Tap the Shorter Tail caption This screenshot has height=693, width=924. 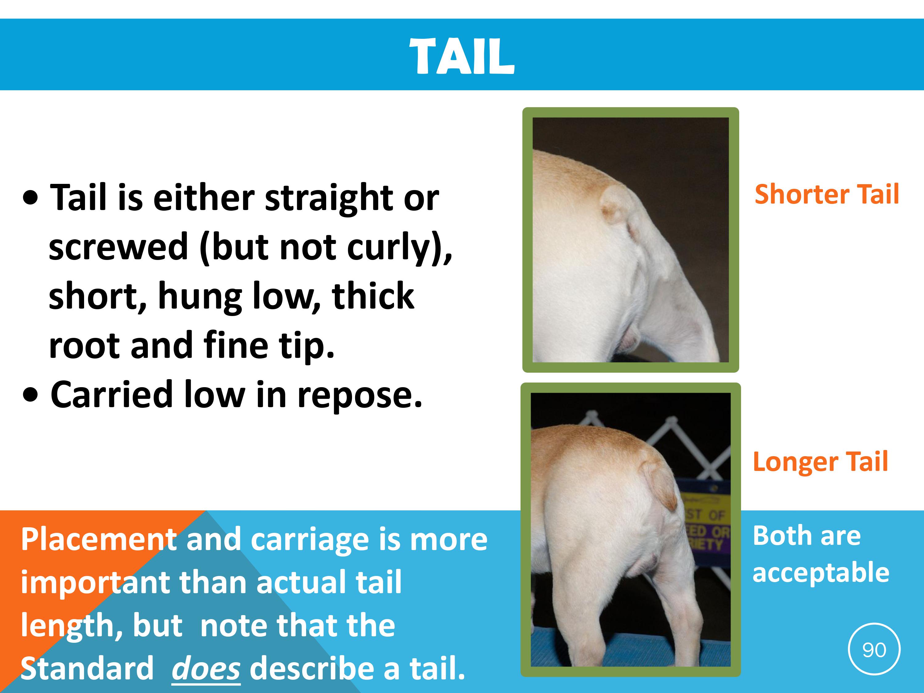tap(827, 194)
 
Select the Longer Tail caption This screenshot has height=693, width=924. tap(821, 462)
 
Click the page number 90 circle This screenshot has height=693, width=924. tap(874, 649)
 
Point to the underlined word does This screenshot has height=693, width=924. tap(206, 668)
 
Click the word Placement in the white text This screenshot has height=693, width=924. tap(99, 539)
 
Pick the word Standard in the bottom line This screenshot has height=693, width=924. tap(87, 668)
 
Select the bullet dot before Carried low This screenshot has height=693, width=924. tap(30, 395)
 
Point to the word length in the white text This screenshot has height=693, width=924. tap(71, 626)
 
